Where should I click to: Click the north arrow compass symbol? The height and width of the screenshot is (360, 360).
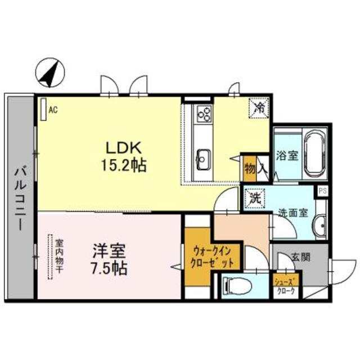[x=49, y=73]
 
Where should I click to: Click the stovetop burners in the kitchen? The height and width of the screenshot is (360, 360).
[x=203, y=115]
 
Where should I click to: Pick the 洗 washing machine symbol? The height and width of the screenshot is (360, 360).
[x=255, y=197]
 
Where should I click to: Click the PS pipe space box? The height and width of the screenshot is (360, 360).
[x=322, y=191]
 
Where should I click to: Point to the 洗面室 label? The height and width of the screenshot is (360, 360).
[x=292, y=213]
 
